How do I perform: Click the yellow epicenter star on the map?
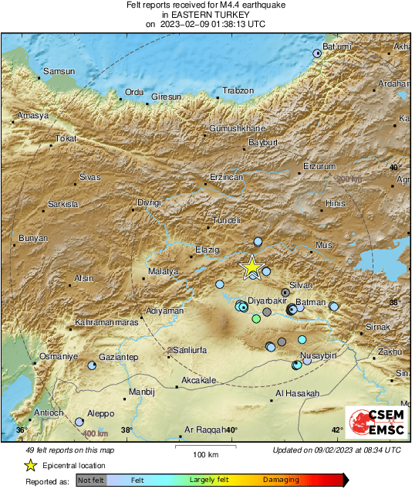coord(251,267)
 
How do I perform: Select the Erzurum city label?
coord(320,166)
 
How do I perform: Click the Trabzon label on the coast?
coord(238,91)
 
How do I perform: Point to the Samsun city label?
coord(59,71)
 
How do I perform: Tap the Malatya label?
coord(163,272)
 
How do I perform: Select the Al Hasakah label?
coord(297,394)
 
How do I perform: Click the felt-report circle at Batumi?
coord(317,53)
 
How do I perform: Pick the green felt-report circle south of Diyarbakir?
coord(256,318)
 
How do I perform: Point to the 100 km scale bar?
coord(204,446)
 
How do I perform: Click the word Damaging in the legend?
coord(281,480)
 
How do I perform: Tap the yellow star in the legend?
coord(30,465)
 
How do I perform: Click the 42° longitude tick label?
coord(337,430)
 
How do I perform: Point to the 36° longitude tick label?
coord(22,430)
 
